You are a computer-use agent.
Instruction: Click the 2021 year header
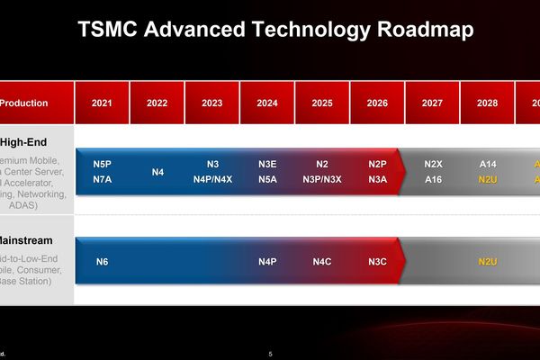tap(102, 103)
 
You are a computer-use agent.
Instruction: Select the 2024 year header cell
tap(267, 103)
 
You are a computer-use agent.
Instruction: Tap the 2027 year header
tap(432, 103)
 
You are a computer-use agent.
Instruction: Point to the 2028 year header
tap(488, 103)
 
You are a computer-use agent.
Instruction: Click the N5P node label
tap(102, 165)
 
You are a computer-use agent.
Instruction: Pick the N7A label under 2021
tap(102, 179)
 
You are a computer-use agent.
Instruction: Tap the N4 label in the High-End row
tap(157, 172)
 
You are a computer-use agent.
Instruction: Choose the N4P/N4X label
tap(212, 179)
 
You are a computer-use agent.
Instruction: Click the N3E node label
tap(267, 165)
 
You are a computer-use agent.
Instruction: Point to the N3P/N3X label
tap(322, 179)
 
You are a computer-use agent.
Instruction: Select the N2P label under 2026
tap(377, 165)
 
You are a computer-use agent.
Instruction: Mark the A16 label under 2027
tap(433, 179)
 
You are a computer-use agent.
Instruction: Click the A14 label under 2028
tap(488, 165)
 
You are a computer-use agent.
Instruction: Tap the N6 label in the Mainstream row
tap(102, 262)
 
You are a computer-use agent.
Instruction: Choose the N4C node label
tap(322, 262)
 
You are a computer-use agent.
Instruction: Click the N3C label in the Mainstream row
tap(377, 262)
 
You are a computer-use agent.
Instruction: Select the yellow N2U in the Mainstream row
tap(488, 262)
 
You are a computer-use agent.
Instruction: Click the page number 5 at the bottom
tap(270, 353)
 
